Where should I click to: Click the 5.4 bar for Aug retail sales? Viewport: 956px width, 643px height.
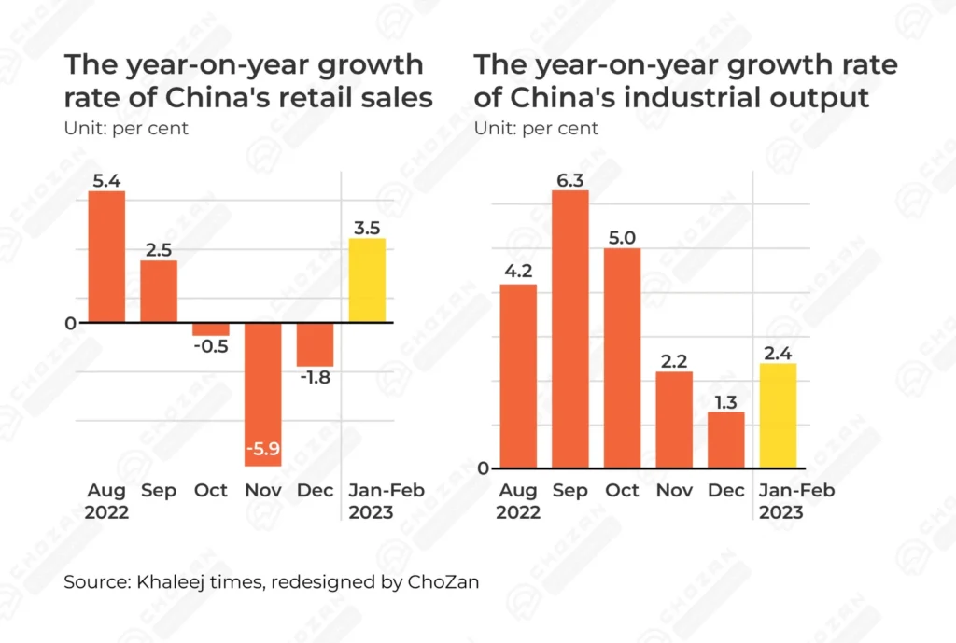point(106,258)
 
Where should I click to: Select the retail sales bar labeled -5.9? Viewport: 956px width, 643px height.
point(262,392)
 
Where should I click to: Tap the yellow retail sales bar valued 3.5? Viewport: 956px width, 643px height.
point(367,280)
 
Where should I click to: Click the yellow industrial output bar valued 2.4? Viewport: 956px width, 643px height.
point(779,415)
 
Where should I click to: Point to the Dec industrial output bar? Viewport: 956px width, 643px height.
point(726,440)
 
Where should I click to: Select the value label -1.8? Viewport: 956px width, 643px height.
point(315,378)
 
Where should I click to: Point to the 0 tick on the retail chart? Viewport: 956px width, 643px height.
point(70,323)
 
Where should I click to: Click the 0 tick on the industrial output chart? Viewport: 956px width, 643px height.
point(483,468)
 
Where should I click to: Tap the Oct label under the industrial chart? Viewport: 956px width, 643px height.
point(622,491)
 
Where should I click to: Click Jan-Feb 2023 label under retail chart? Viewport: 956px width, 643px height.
point(370,502)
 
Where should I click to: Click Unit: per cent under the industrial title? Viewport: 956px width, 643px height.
point(536,128)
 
